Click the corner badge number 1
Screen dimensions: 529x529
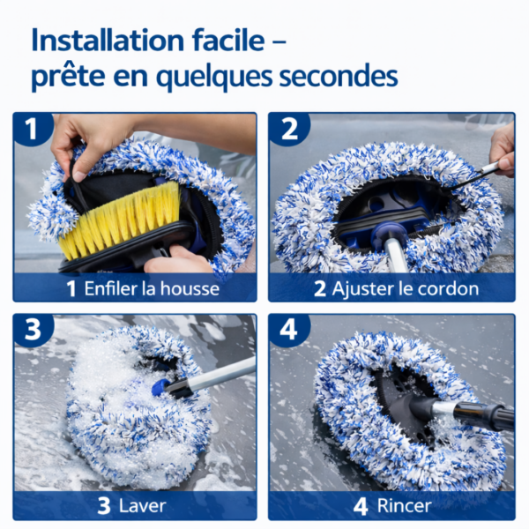pos(33,130)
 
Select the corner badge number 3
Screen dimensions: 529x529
pos(33,331)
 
